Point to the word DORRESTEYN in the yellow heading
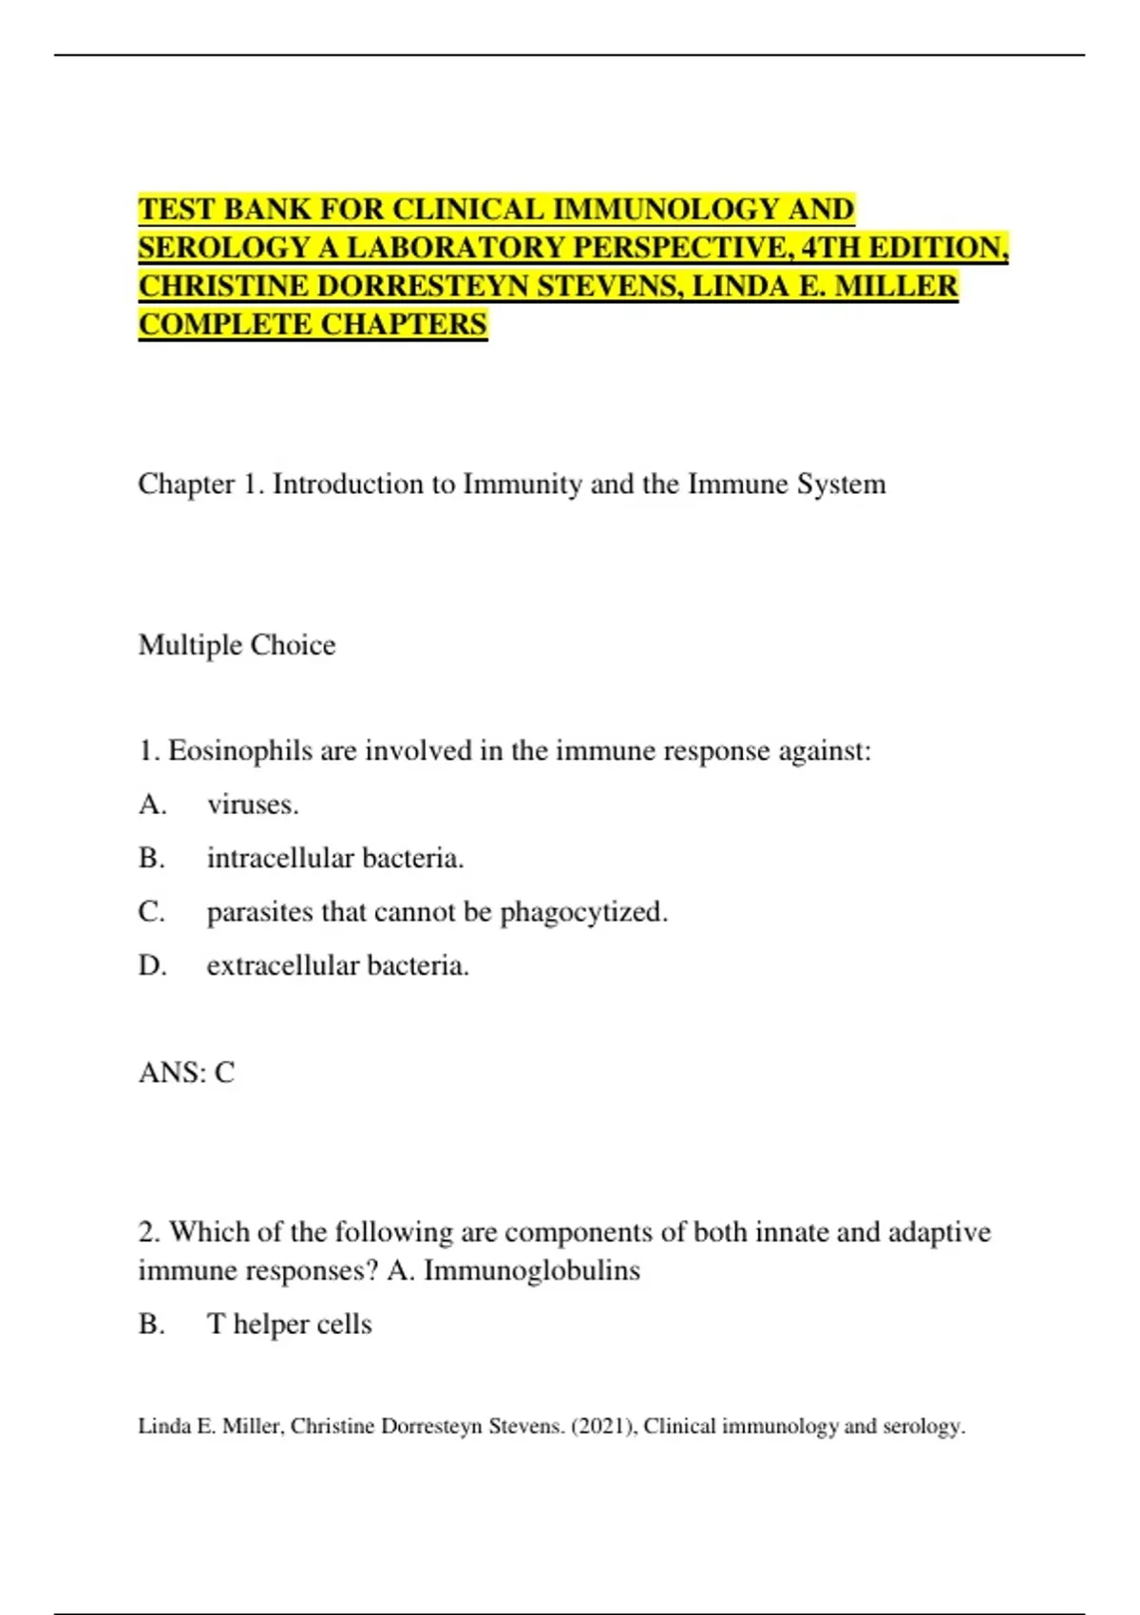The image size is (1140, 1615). click(x=423, y=286)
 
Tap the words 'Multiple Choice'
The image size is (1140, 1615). click(x=237, y=645)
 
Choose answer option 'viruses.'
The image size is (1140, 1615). click(x=253, y=805)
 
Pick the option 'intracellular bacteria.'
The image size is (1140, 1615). click(x=335, y=859)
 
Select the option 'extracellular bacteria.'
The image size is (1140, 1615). click(x=338, y=966)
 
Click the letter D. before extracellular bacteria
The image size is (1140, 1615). click(x=152, y=966)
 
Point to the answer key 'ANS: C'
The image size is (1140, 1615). click(x=186, y=1073)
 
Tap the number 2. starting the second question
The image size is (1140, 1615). click(x=149, y=1232)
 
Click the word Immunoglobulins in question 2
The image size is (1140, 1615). click(x=532, y=1271)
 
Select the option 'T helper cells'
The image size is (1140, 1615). click(x=289, y=1324)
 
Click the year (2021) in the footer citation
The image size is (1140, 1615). click(x=603, y=1426)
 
